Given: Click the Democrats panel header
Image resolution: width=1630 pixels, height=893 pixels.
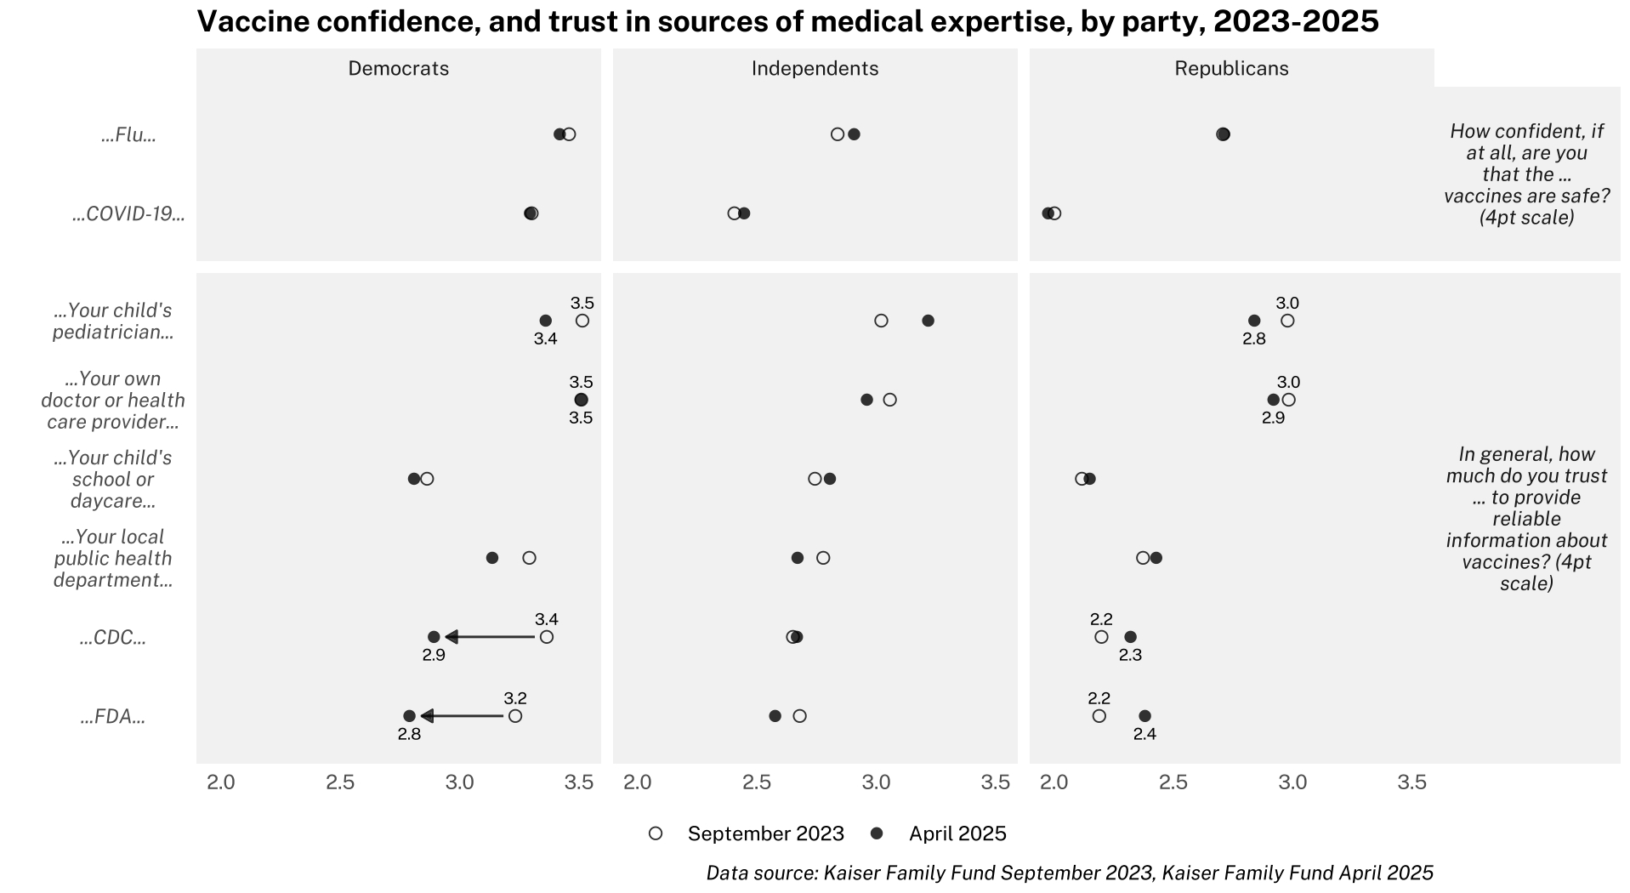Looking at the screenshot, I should click(398, 69).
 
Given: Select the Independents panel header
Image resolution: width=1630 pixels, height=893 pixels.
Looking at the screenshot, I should click(815, 69).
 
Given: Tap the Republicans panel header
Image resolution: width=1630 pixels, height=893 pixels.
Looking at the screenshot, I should click(1231, 69).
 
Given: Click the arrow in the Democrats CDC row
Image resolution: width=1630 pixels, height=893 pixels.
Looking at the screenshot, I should click(490, 637).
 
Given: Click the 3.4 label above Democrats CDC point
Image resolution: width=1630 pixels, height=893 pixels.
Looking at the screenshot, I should click(547, 619).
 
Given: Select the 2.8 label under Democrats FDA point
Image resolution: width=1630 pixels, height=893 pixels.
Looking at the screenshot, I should click(409, 734).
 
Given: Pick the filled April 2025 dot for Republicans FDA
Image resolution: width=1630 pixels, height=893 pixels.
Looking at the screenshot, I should click(1144, 716).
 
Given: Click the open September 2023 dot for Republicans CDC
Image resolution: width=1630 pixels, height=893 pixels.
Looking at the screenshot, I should click(1101, 637).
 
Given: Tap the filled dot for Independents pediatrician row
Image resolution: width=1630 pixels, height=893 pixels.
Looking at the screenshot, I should click(928, 321).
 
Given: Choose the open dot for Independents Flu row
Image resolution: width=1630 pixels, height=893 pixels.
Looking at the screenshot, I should click(838, 134).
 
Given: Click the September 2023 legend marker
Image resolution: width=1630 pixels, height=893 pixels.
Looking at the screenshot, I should click(656, 833).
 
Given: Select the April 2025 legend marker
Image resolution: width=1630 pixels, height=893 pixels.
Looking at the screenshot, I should click(877, 833).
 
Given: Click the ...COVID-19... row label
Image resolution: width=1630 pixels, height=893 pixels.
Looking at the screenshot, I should click(129, 213).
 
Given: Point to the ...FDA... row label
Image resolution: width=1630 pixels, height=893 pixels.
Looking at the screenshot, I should click(113, 717).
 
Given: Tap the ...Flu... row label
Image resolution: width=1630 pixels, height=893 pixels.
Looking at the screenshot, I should click(129, 135).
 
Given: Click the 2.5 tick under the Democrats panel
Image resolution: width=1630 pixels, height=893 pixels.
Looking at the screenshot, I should click(340, 782).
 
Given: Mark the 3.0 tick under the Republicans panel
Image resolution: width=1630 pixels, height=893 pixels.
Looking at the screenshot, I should click(1292, 782).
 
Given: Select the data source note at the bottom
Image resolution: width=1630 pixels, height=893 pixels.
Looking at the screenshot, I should click(1069, 873).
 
